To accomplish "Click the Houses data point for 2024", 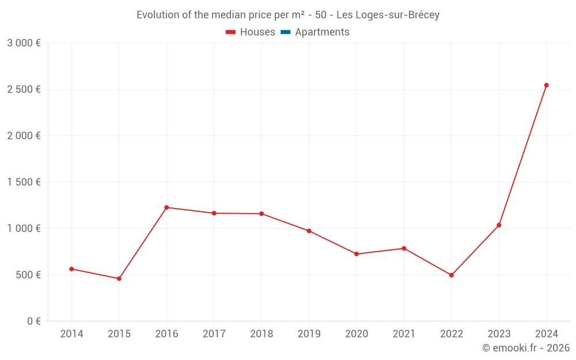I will point(546,85).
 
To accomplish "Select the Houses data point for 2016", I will point(166,207).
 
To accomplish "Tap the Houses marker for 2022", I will point(451,275).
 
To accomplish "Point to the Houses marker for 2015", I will point(119,279).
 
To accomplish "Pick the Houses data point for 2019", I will point(309,231).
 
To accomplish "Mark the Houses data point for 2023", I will point(499,225).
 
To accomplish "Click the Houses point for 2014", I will point(71,269).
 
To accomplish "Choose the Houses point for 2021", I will point(404,248).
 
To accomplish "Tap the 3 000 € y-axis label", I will point(24,43).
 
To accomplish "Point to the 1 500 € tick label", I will point(24,182).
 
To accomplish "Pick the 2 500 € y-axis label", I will point(24,89).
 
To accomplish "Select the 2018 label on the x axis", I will point(262,334).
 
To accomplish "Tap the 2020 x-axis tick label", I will point(356,334).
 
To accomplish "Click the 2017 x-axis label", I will point(214,334).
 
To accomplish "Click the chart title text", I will point(288,15).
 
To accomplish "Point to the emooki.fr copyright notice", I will point(525,348).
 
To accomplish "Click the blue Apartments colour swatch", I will point(285,32).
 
